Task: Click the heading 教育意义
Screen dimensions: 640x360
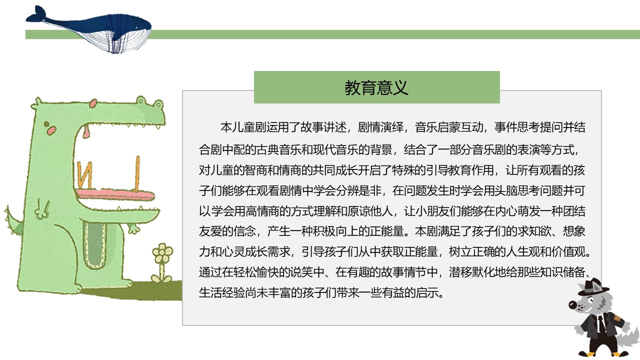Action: click(376, 87)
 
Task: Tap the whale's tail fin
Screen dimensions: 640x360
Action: click(36, 14)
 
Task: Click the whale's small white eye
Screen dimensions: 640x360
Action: click(136, 27)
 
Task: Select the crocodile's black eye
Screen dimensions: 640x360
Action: click(46, 124)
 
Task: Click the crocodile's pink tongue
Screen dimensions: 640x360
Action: click(115, 194)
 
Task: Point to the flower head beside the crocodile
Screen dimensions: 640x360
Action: click(162, 252)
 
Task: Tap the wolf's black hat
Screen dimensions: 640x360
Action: click(593, 287)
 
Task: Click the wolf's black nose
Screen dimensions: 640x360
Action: click(572, 305)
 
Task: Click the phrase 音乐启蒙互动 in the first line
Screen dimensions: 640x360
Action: click(449, 127)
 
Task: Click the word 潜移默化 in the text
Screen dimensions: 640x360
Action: click(471, 272)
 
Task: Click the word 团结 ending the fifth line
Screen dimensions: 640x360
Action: click(574, 211)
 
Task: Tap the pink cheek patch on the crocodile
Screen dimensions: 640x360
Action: click(51, 130)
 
